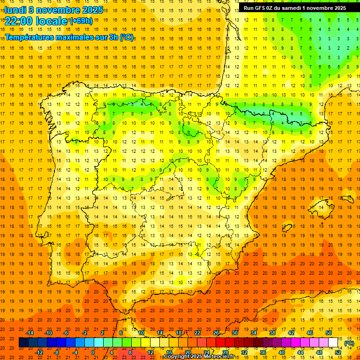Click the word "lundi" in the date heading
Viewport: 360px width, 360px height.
click(15, 10)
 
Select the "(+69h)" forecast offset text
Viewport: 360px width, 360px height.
click(81, 21)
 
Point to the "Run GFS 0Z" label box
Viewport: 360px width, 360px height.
click(294, 7)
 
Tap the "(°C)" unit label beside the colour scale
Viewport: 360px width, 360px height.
click(349, 343)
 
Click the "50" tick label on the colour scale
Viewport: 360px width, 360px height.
click(329, 333)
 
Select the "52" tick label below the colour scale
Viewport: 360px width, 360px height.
click(338, 352)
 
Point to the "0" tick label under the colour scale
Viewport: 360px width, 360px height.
click(93, 352)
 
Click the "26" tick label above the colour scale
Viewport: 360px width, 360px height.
click(216, 333)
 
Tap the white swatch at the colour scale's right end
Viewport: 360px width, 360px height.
click(333, 343)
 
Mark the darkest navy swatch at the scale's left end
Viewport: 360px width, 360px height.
click(23, 343)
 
